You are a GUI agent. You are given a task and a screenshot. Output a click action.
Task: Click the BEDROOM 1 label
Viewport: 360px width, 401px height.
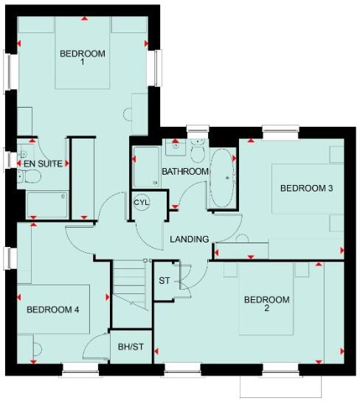pos(82,58)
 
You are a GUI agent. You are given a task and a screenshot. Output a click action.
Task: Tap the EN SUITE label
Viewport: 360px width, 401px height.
pos(40,163)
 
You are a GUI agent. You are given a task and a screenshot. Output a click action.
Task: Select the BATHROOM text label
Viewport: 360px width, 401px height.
pos(185,172)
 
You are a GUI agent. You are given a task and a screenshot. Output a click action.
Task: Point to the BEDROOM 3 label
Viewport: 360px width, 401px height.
pos(306,189)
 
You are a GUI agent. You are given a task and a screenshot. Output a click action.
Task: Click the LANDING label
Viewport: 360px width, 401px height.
pos(190,239)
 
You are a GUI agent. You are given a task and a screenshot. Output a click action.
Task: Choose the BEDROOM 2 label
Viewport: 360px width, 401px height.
pos(266,304)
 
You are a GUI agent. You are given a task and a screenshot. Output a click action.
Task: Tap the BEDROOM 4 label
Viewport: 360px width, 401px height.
pos(52,310)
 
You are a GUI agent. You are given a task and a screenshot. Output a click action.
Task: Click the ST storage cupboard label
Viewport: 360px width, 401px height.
pos(165,280)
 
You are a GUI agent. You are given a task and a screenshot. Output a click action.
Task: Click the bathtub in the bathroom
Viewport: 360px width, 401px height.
pos(221,179)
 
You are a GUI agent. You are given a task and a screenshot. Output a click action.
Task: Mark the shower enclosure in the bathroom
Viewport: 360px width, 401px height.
pos(147,167)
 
